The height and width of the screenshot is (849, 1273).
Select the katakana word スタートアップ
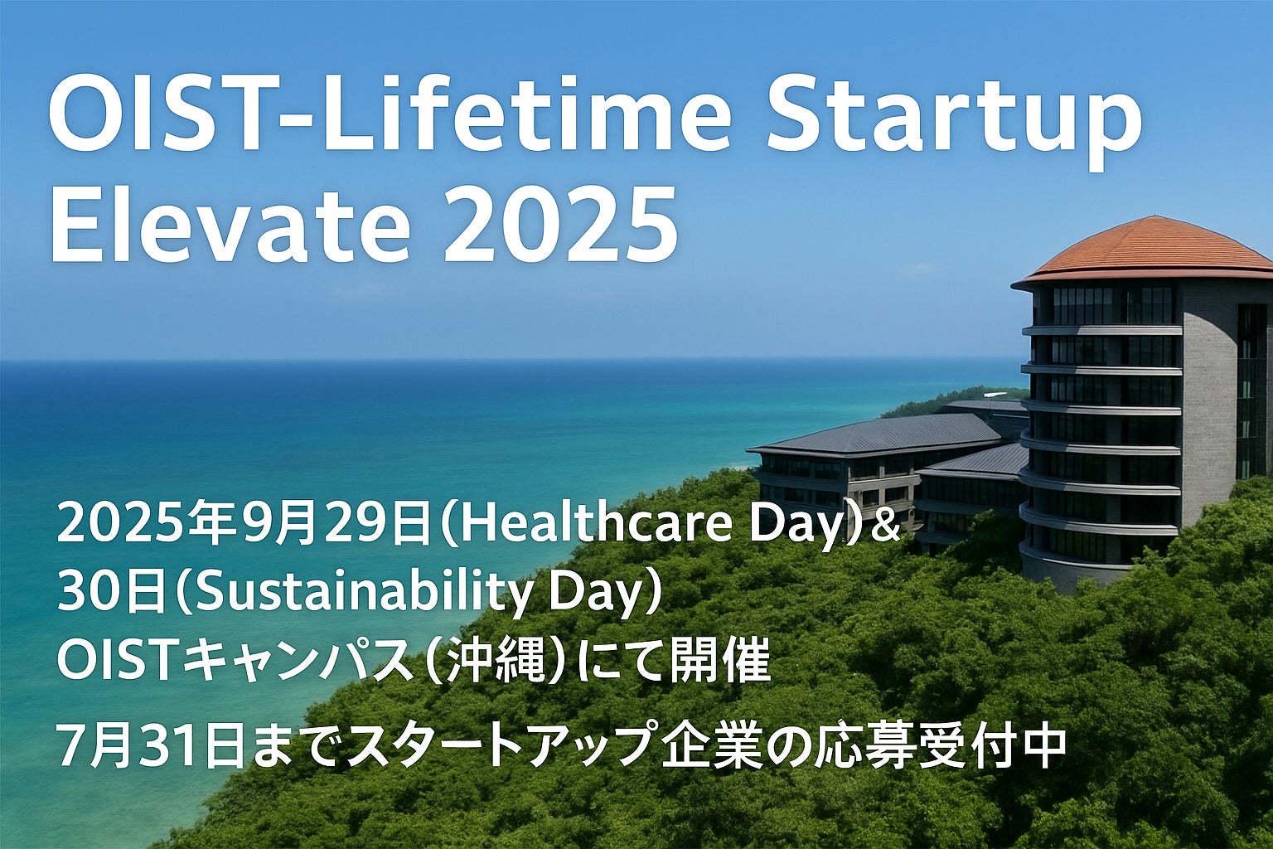click(x=496, y=745)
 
